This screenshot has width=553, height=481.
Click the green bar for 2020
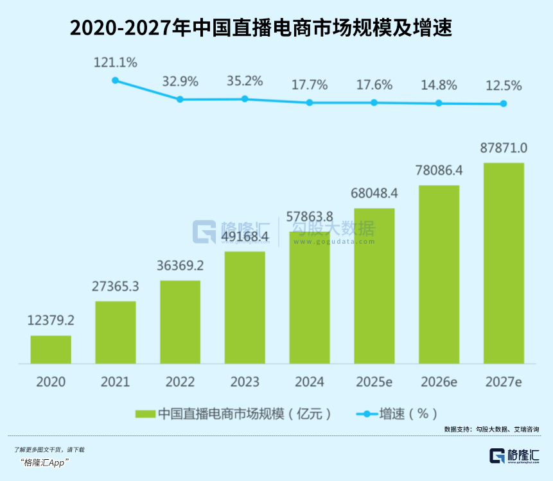[x=51, y=350]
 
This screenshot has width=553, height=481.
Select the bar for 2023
[x=245, y=307]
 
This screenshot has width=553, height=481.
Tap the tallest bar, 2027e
[x=504, y=263]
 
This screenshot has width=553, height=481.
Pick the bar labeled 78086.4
[x=439, y=274]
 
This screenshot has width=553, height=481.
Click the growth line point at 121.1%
[x=116, y=80]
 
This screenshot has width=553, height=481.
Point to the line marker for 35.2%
[x=245, y=99]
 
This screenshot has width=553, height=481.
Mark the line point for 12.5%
[x=504, y=104]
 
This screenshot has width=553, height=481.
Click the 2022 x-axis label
[x=180, y=382]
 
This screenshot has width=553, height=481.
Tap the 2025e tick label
[x=374, y=382]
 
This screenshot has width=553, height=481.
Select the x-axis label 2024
[x=310, y=382]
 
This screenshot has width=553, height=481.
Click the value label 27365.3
[x=116, y=288]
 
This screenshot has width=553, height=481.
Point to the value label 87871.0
[x=504, y=149]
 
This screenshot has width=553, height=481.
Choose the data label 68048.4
[x=374, y=193]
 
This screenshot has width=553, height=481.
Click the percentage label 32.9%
[x=180, y=82]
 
